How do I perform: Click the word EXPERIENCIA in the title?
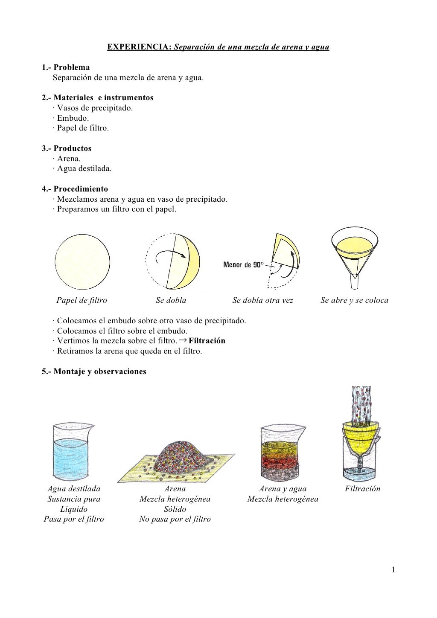point(139,47)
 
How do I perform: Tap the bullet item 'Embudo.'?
point(73,118)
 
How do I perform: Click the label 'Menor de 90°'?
point(243,265)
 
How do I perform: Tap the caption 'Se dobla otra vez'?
point(262,300)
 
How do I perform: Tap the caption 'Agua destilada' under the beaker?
point(74,489)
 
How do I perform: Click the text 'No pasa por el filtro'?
point(175,519)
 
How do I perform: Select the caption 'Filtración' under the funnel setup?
point(362,489)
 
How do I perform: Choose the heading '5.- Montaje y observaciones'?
point(94,371)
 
